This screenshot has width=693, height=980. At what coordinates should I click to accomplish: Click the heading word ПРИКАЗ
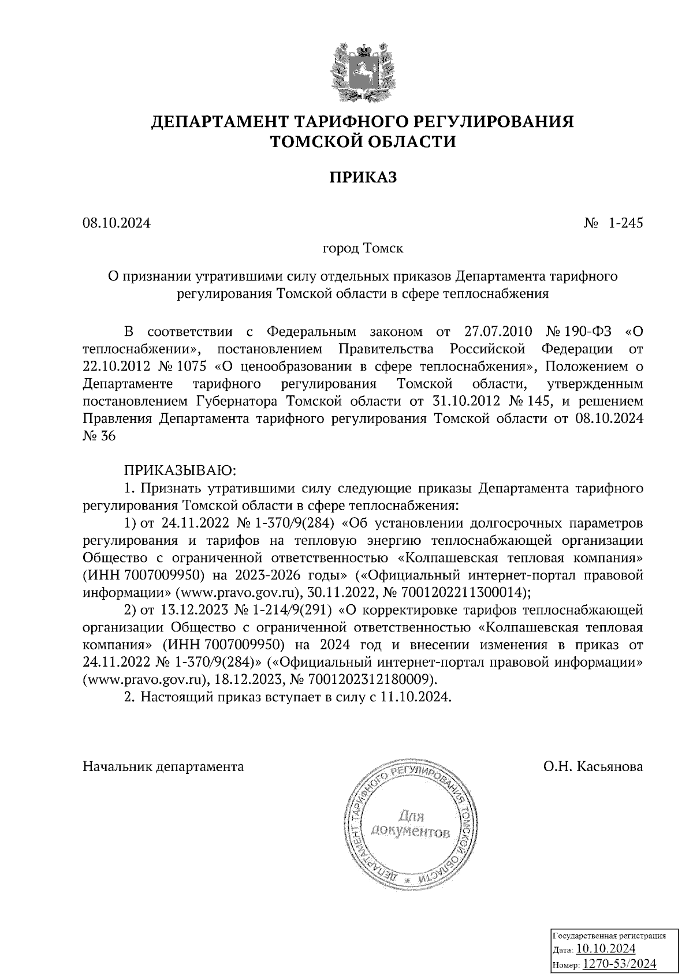(363, 177)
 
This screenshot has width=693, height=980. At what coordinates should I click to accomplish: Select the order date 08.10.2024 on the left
(116, 222)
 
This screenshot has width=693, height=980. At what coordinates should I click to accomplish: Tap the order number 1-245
(624, 222)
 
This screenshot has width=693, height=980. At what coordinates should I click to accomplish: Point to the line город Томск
(363, 249)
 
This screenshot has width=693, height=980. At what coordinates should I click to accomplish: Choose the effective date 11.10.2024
(414, 697)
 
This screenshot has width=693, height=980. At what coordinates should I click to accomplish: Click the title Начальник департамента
(163, 766)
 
